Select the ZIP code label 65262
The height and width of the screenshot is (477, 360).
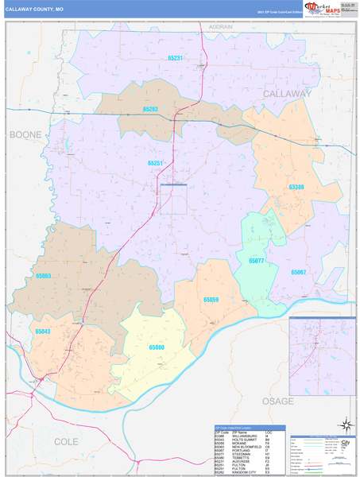click(150, 109)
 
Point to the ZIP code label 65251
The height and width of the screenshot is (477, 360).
click(155, 162)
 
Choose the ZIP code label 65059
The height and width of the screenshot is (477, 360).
click(211, 300)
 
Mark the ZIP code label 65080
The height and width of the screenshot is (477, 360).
click(157, 347)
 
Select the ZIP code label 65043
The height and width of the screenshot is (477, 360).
click(43, 331)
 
